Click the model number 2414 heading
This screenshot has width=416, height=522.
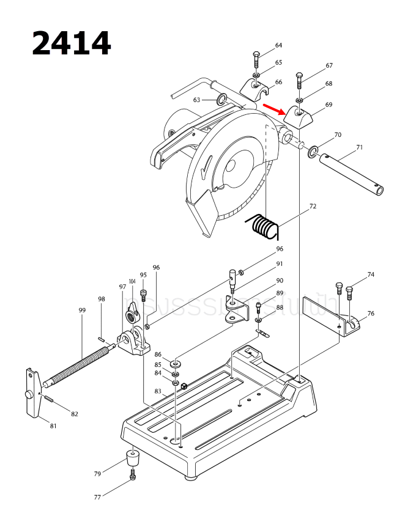pos(71,43)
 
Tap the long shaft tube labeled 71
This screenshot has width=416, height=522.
pos(352,174)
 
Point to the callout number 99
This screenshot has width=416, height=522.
pos(82,311)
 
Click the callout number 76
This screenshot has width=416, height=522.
pos(371,314)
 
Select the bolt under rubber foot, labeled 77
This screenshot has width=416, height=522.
pos(133,476)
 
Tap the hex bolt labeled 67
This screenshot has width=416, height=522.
pos(299,80)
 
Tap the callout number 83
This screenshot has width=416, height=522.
pos(158,391)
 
